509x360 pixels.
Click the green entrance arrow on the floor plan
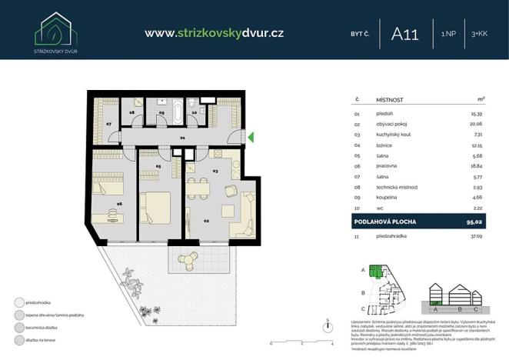tap(250, 138)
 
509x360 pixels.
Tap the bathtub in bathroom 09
tap(176, 111)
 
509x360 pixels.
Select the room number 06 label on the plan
tap(119, 204)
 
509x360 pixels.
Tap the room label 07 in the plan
tap(109, 124)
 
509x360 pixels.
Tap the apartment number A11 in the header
tap(405, 33)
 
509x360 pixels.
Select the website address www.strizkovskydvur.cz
tap(215, 32)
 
